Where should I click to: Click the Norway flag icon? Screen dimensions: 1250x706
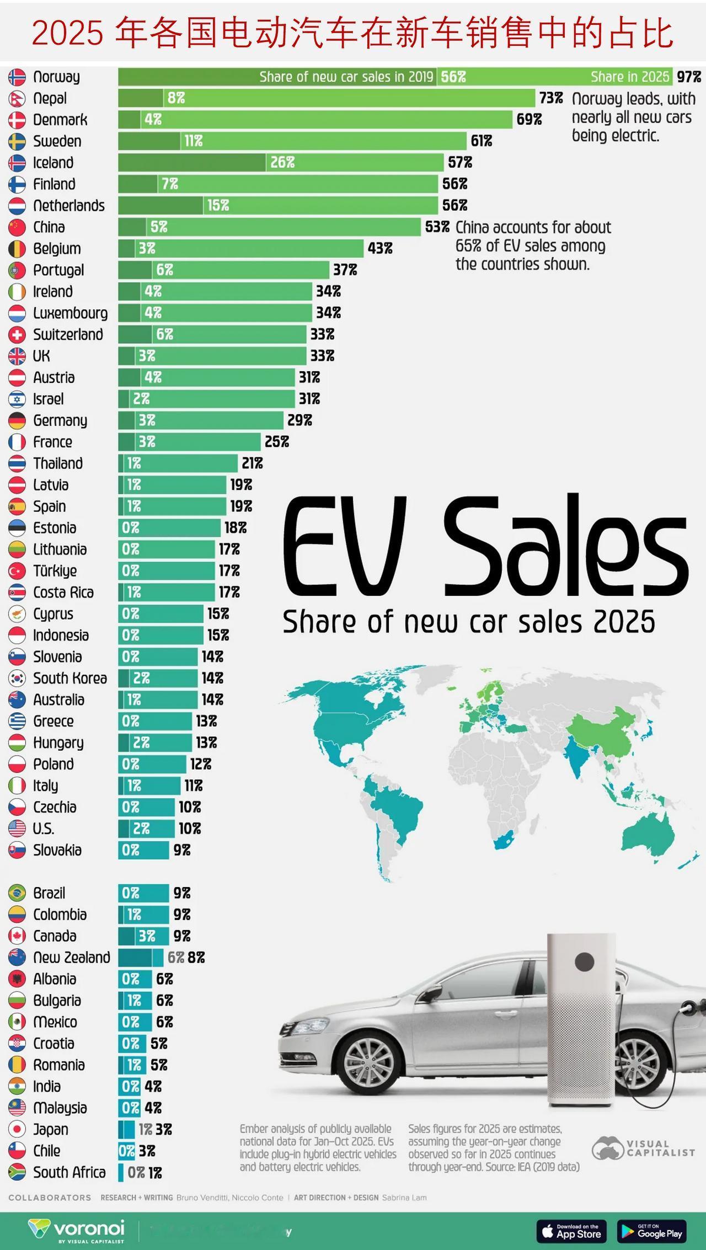coord(17,77)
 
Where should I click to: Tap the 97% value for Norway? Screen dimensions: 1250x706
coord(689,77)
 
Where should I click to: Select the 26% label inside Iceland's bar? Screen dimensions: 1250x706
coord(282,162)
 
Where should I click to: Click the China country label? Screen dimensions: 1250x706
coord(49,227)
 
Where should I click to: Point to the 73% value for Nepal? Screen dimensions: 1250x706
coord(551,98)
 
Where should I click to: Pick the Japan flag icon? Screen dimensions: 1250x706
coord(17,1129)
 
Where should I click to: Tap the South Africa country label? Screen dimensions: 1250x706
coord(69,1172)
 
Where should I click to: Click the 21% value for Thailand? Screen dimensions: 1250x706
coord(252,463)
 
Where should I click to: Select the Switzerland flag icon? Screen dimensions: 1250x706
coord(17,334)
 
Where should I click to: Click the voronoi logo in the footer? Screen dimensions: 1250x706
coord(77,1230)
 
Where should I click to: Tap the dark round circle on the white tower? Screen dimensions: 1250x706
coord(584,961)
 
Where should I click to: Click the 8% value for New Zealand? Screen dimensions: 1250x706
coord(196,958)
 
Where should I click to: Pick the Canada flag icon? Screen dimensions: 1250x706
coord(17,936)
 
